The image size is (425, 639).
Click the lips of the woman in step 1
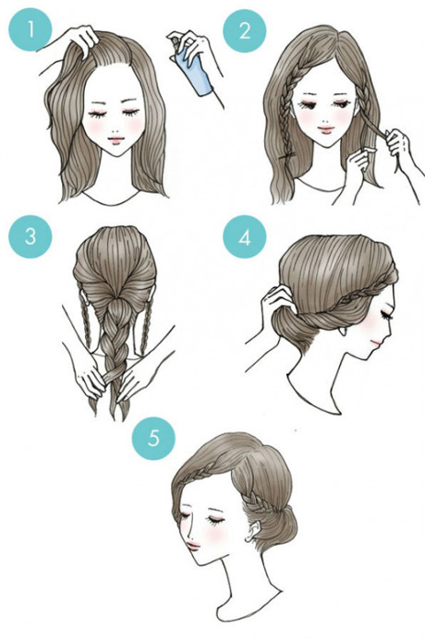click(115, 140)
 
